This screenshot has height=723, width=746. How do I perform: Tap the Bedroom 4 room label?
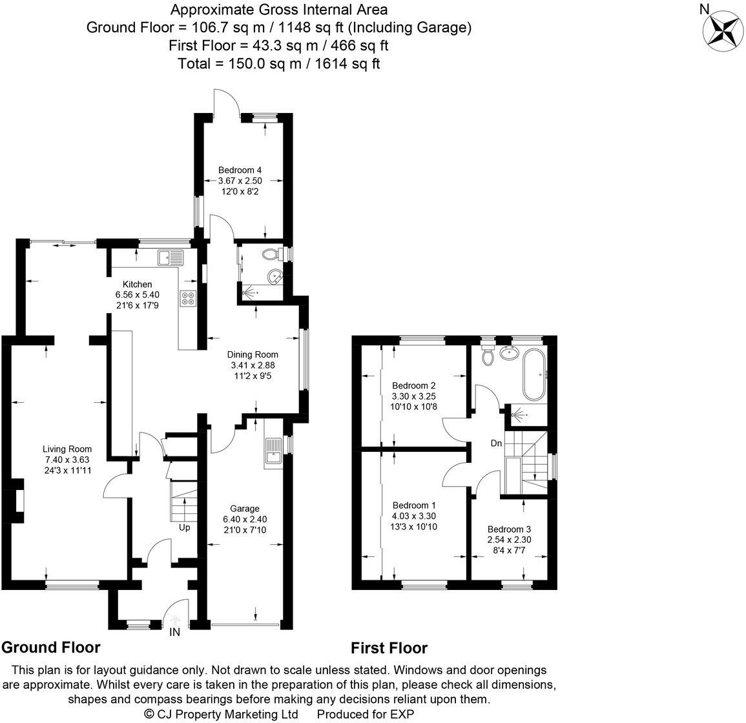(x=240, y=170)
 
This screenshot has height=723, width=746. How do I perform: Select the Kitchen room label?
(x=138, y=284)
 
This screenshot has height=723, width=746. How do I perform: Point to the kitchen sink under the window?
(x=171, y=258)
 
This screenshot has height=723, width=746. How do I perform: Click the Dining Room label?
(x=252, y=354)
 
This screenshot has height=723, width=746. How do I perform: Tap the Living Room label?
(x=67, y=449)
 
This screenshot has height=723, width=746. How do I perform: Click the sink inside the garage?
(x=272, y=452)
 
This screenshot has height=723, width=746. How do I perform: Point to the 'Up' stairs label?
(x=185, y=527)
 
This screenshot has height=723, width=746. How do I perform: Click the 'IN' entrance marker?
(x=174, y=633)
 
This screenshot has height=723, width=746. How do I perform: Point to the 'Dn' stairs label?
(x=496, y=443)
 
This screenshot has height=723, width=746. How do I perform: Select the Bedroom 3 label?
(x=509, y=528)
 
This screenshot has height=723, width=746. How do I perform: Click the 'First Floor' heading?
(x=389, y=647)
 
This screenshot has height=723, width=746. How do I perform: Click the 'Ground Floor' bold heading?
(x=51, y=647)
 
